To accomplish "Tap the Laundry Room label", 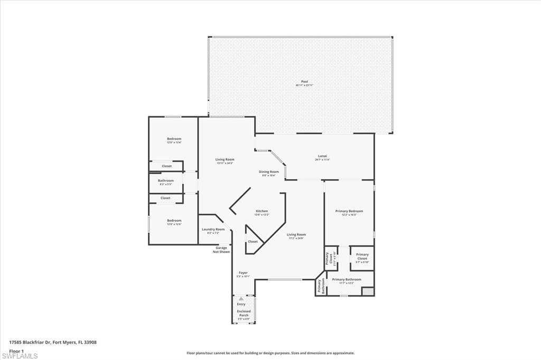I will pos(213,229).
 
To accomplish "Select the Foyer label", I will pos(243,273).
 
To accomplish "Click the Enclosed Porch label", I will pos(244,313).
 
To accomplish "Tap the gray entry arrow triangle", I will pos(241,299).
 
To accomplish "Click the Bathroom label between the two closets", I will pos(165,181).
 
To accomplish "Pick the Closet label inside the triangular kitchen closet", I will pos(253,241).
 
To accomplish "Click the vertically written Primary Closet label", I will pos(328,258).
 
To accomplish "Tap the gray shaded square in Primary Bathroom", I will pos(368,291).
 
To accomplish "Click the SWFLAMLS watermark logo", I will pos(20,356).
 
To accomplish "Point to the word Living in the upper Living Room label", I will pos(220,159).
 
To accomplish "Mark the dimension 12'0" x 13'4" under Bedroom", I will pos(174,143).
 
